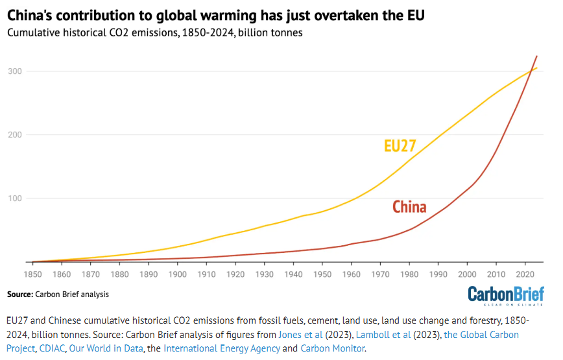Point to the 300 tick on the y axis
point(14,71)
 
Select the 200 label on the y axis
point(14,135)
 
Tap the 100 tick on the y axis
point(14,198)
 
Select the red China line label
point(409,208)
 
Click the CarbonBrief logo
point(506,294)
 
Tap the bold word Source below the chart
point(19,294)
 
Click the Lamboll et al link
point(371,335)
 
